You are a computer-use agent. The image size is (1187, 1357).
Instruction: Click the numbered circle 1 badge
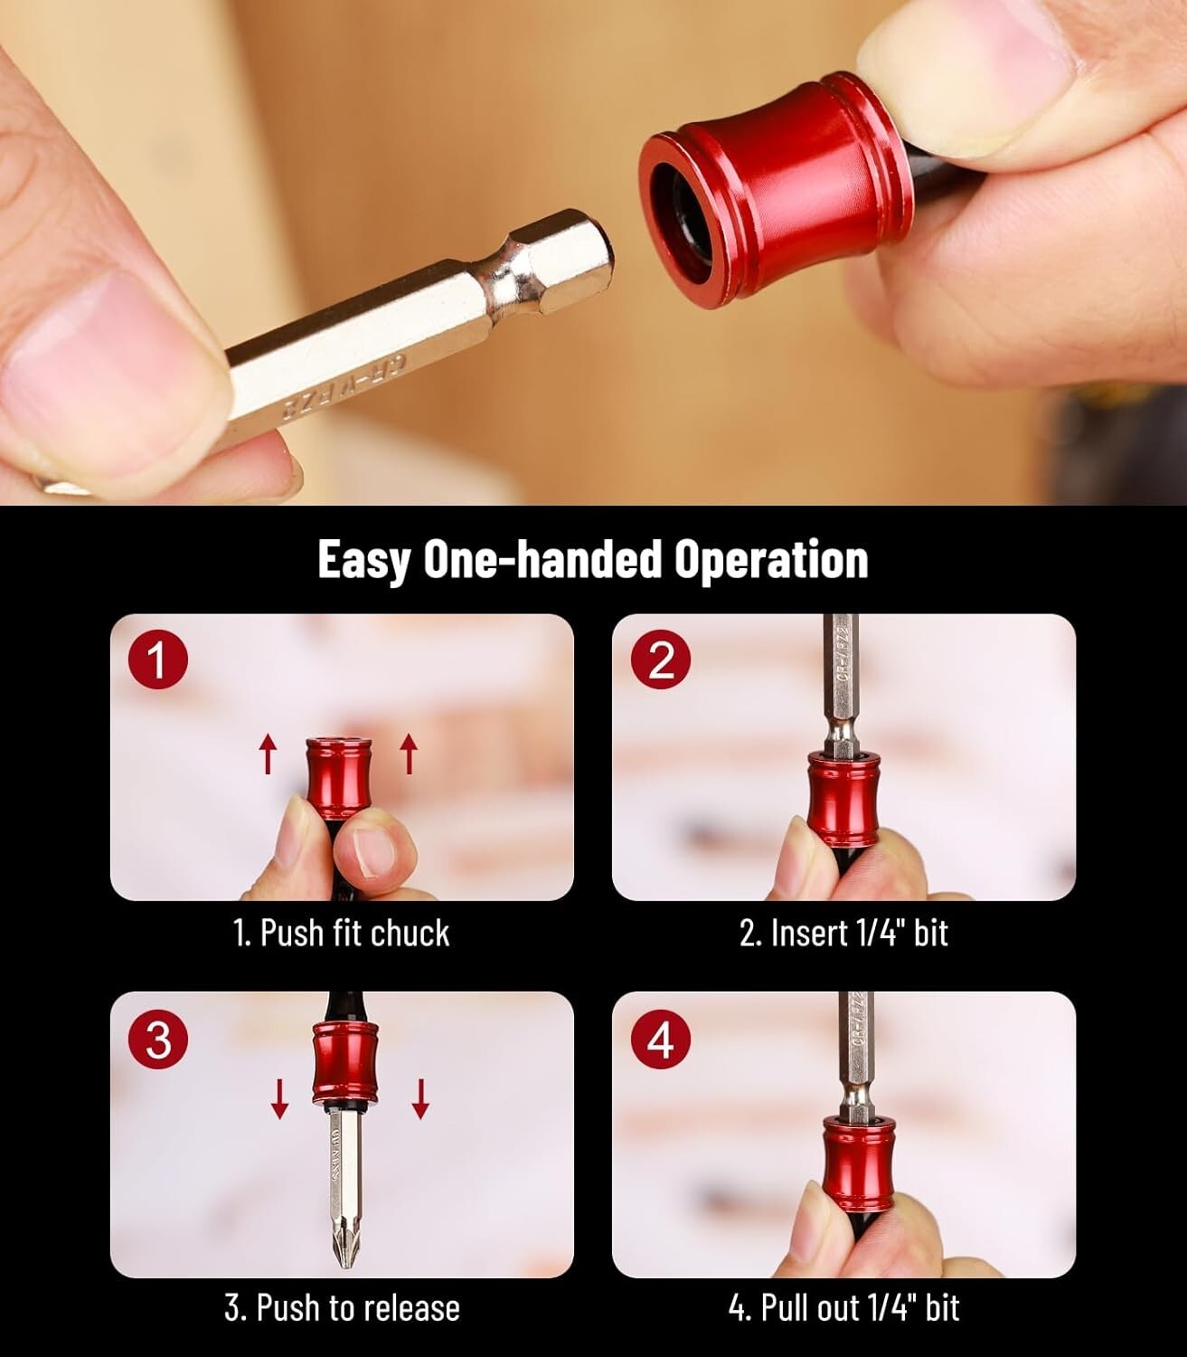pos(157,660)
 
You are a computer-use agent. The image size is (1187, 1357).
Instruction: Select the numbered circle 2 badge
pos(662,660)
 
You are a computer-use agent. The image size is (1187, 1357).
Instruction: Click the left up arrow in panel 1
pos(268,754)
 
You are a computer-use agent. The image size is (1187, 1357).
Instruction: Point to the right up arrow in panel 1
pos(409,754)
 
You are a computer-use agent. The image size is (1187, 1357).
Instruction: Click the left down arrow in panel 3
pos(280,1099)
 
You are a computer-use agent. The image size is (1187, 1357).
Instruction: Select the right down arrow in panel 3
pos(420,1099)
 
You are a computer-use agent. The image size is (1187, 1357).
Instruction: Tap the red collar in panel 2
pos(843,791)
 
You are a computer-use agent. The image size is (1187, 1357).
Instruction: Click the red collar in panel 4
pos(857,1157)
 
